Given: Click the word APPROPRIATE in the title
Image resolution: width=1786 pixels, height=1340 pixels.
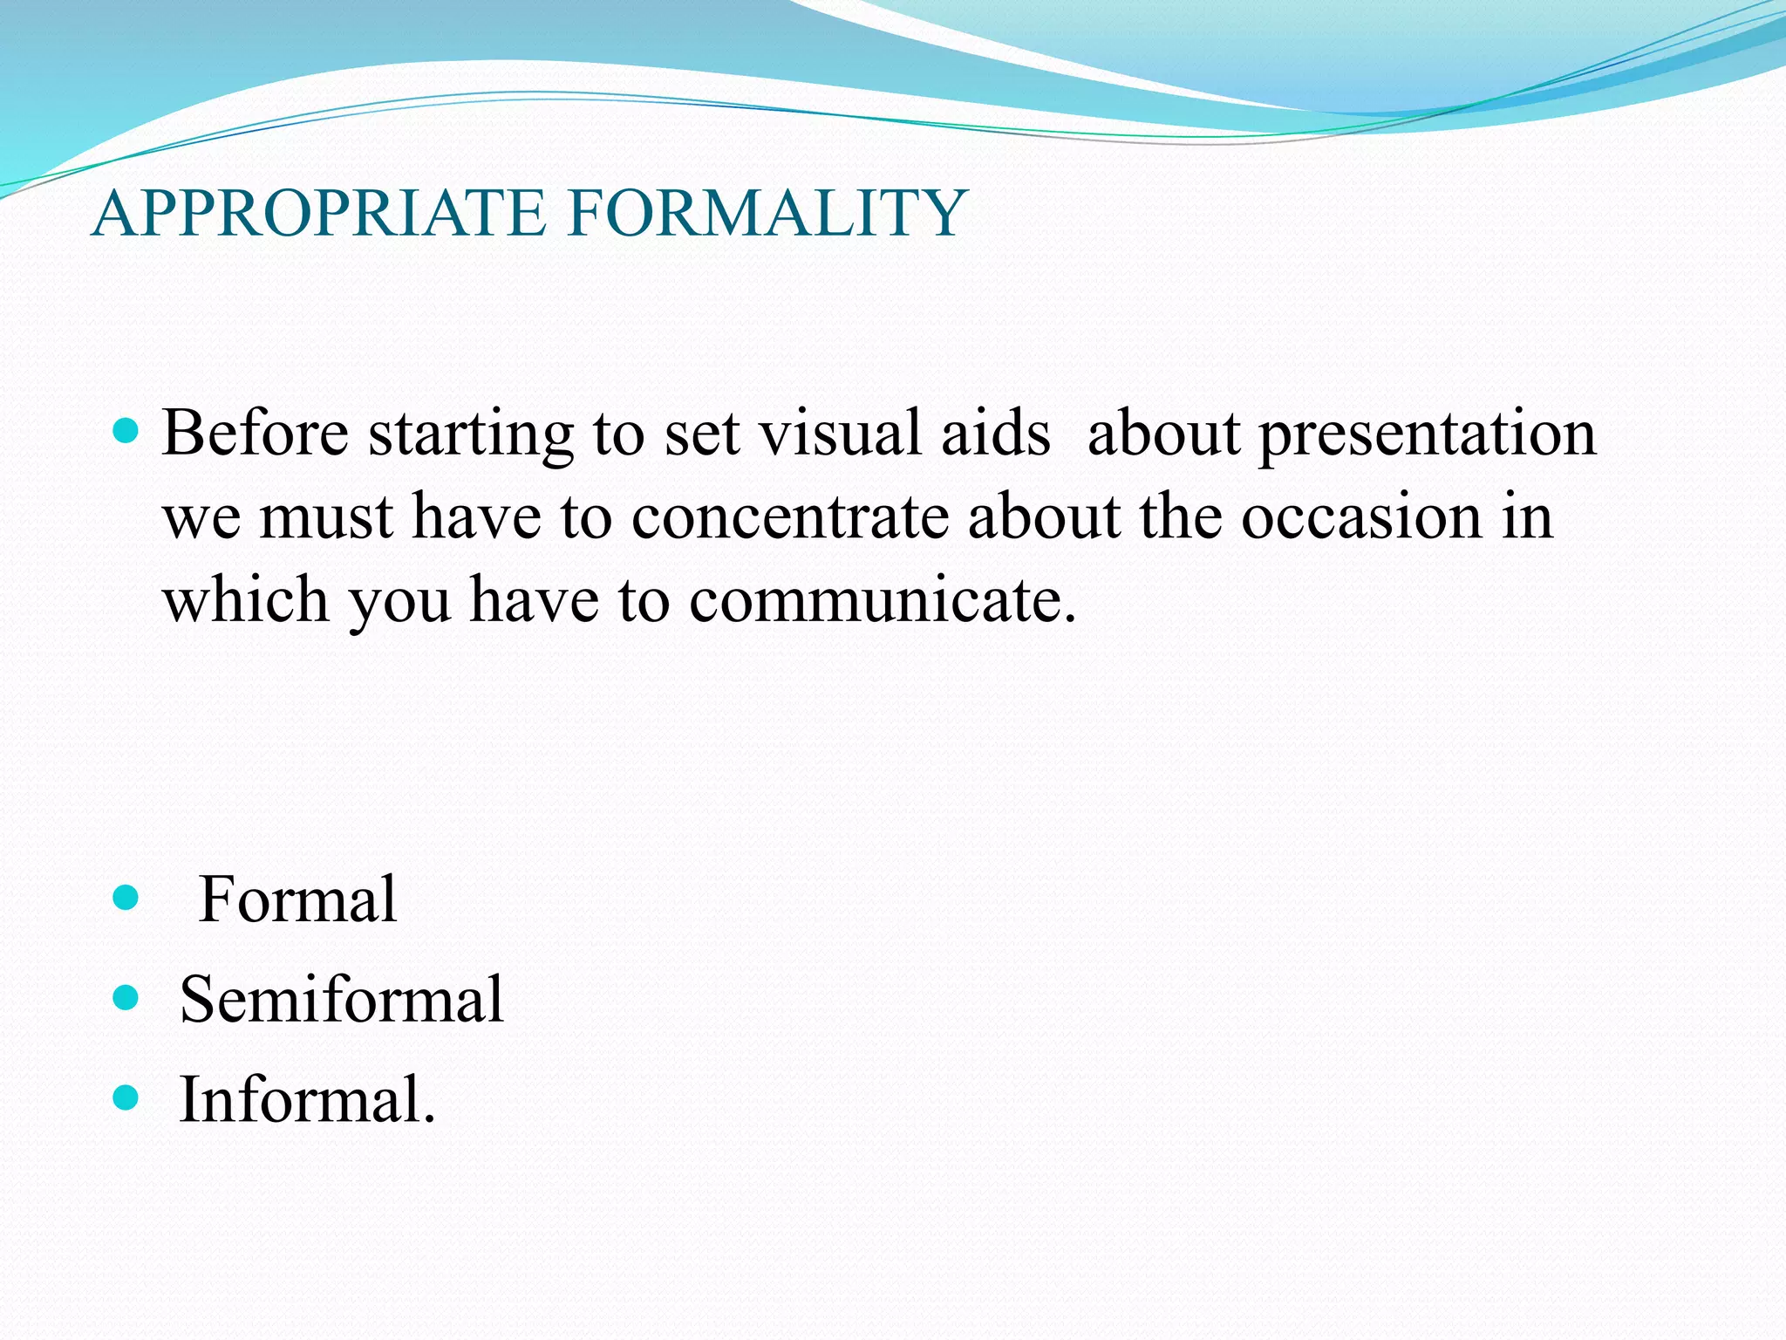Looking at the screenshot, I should (x=318, y=214).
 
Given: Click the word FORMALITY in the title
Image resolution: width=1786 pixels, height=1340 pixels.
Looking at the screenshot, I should (x=767, y=214).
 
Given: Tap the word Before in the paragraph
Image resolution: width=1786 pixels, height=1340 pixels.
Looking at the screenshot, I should (x=255, y=434).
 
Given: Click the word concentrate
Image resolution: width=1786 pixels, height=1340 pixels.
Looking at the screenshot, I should (x=789, y=517).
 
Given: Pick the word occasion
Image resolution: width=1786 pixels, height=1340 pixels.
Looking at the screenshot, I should (x=1360, y=517).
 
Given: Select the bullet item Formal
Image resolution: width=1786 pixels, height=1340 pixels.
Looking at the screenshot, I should (x=297, y=900).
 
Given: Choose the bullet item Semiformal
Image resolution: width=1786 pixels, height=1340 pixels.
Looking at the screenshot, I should (x=341, y=1000).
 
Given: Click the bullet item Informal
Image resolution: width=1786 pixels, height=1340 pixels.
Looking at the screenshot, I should (x=306, y=1099).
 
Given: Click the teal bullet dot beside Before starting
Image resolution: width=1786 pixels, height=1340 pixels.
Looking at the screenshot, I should (x=126, y=431).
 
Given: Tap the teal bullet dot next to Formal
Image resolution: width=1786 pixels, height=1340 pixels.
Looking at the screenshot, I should (x=126, y=898).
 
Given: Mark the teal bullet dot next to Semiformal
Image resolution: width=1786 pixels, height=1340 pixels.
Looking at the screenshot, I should (x=126, y=998).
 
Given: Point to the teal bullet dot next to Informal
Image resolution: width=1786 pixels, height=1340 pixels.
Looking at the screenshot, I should (x=126, y=1097).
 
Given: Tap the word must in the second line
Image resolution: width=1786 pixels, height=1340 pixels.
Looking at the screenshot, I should (x=327, y=518).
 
